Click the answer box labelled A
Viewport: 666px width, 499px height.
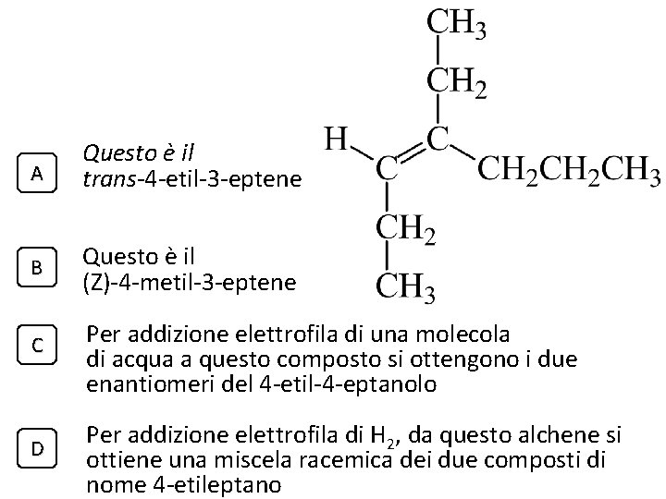tap(36, 173)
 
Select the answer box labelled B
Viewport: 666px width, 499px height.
tap(36, 268)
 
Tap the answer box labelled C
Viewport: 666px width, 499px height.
tap(36, 346)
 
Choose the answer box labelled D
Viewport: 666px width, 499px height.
tap(36, 448)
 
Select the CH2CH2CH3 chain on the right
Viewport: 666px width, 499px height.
tap(567, 171)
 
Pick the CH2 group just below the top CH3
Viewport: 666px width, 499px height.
tap(456, 82)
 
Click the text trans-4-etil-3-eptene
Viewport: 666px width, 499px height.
tap(192, 178)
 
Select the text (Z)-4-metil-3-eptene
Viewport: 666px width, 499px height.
tap(189, 282)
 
